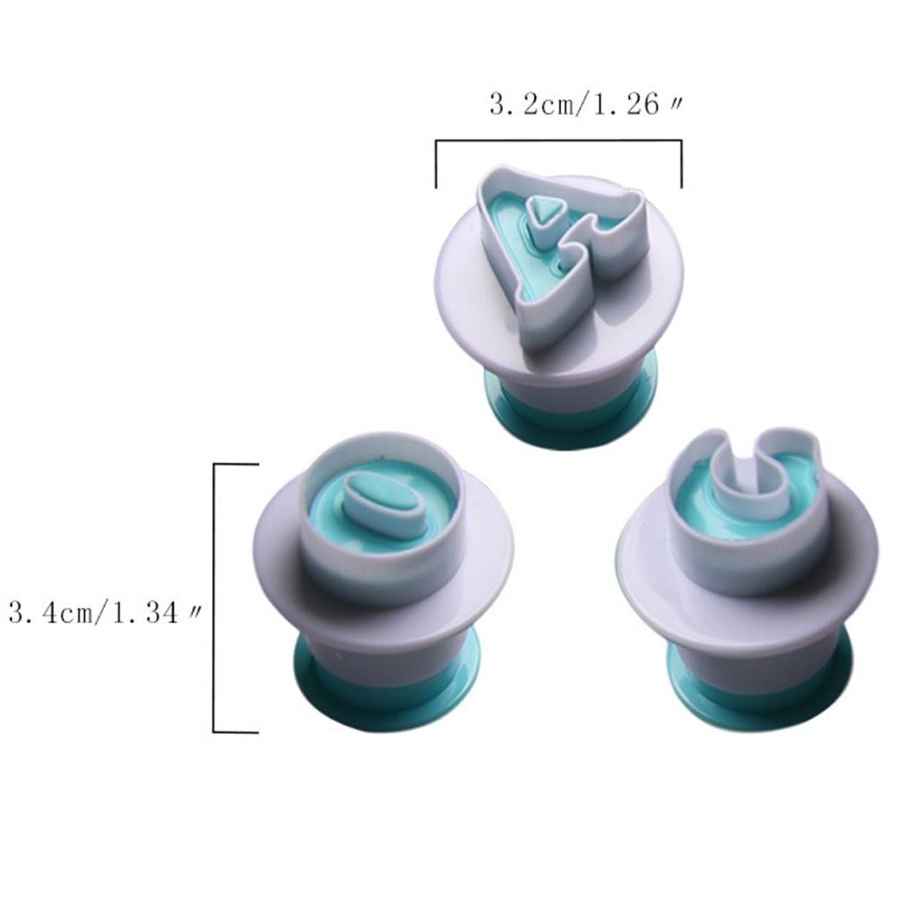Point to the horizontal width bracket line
[x=559, y=140]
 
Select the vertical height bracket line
[x=215, y=598]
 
